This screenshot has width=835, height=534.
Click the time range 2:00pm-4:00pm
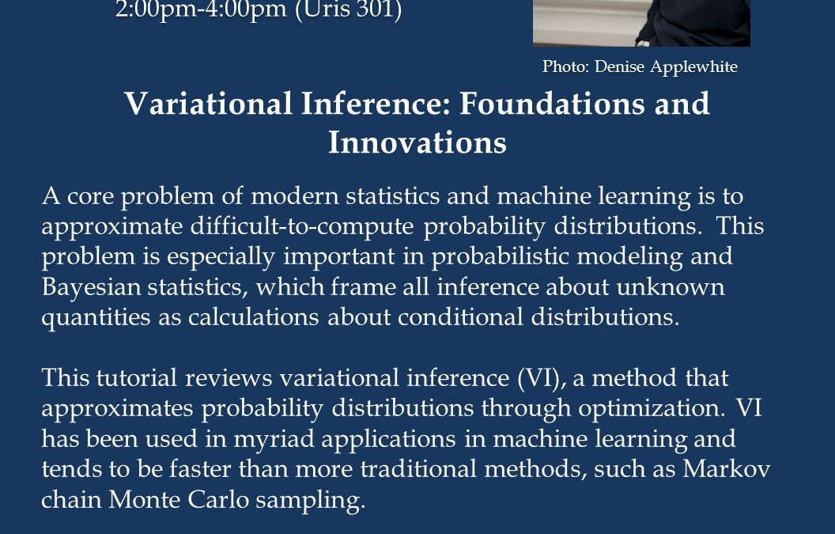click(201, 10)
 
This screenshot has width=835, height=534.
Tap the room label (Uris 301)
click(348, 10)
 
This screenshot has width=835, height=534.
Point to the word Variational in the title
click(208, 103)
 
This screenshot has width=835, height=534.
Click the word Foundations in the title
click(552, 103)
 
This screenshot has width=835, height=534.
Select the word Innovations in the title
click(417, 142)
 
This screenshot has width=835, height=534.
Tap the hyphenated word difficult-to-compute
click(302, 226)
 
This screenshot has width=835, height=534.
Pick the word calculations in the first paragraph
click(254, 317)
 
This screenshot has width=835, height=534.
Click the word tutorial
click(136, 378)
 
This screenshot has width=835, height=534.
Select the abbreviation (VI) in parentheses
click(542, 378)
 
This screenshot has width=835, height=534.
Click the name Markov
click(727, 469)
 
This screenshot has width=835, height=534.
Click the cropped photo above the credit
click(642, 23)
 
